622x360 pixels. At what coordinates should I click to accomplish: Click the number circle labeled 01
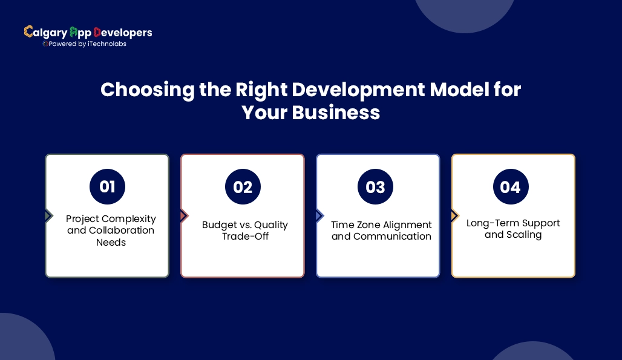pos(107,187)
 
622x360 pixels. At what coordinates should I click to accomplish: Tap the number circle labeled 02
pos(243,187)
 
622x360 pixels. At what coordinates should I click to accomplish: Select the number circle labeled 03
pos(375,187)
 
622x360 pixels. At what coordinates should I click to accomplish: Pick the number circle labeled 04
pos(510,187)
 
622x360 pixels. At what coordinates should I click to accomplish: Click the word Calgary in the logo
pos(45,33)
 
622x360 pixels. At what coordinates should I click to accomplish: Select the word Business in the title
pos(336,113)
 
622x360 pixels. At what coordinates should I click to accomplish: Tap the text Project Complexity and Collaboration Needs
pos(111,230)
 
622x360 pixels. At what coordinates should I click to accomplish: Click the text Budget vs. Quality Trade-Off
pos(245,230)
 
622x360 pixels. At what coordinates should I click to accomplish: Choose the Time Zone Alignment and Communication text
pos(381,230)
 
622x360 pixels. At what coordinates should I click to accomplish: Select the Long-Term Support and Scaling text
pos(513,229)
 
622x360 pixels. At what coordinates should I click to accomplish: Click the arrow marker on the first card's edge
pos(48,216)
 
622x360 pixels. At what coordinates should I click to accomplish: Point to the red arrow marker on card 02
pos(184,216)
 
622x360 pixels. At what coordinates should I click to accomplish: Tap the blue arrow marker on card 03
pos(319,216)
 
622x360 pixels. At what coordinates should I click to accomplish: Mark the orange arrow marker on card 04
pos(454,216)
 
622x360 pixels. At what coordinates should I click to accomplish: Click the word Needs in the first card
pos(111,242)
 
